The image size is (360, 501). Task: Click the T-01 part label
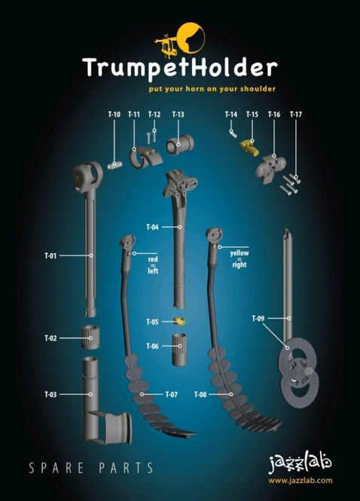50,255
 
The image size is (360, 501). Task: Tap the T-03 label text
50,394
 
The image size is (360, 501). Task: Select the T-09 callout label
258,318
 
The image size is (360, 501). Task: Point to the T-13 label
178,115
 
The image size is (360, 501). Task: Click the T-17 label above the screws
295,115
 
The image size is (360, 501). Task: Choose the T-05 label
152,322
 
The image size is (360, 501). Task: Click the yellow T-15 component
249,148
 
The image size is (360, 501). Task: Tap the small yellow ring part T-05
180,321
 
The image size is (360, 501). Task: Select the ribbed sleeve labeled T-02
90,337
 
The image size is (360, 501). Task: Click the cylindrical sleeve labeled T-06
179,350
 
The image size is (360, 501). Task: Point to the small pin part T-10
114,165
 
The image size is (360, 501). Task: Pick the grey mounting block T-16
270,169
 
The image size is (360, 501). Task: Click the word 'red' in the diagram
153,259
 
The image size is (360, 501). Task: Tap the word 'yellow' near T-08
239,253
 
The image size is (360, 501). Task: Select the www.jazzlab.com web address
300,480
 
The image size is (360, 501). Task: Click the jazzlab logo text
300,463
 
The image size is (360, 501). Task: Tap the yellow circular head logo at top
191,38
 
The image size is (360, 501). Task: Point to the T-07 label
172,395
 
